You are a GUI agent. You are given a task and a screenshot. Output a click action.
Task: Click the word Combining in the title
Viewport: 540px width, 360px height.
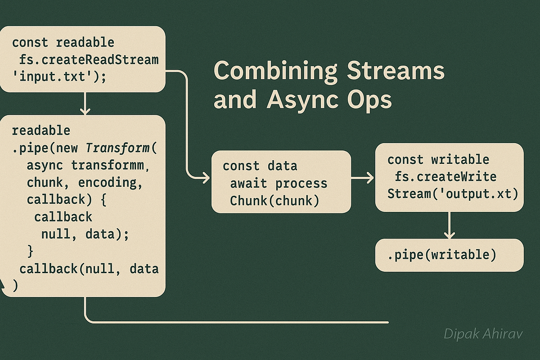point(275,72)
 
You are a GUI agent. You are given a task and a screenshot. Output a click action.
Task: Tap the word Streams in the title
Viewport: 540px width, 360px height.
point(396,70)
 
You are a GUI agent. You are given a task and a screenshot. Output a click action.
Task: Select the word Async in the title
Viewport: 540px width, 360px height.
point(302,100)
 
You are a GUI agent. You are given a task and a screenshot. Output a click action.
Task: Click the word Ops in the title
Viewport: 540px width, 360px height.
point(369,100)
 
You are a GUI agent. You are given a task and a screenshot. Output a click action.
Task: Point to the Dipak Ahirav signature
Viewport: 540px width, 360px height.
point(483,334)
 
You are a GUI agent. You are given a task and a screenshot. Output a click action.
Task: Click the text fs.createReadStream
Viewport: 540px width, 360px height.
point(89,60)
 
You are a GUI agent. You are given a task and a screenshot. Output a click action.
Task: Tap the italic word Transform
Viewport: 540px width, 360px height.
point(117,148)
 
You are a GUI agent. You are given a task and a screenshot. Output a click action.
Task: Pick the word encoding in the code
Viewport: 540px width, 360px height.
point(110,183)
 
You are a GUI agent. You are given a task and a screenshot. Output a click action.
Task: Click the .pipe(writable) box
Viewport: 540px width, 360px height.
point(450,255)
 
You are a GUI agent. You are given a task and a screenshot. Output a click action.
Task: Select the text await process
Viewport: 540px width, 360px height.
point(279,184)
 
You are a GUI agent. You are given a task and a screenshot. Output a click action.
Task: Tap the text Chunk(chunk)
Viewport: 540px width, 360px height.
point(274,201)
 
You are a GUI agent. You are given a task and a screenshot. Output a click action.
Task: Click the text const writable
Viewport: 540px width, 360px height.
point(438,160)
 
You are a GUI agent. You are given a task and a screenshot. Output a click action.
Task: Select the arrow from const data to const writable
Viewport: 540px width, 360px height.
point(363,178)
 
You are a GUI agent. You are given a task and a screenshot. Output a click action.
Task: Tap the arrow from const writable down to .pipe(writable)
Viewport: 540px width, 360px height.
point(450,225)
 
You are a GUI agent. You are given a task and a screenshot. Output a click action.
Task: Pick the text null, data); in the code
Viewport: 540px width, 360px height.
point(85,234)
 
